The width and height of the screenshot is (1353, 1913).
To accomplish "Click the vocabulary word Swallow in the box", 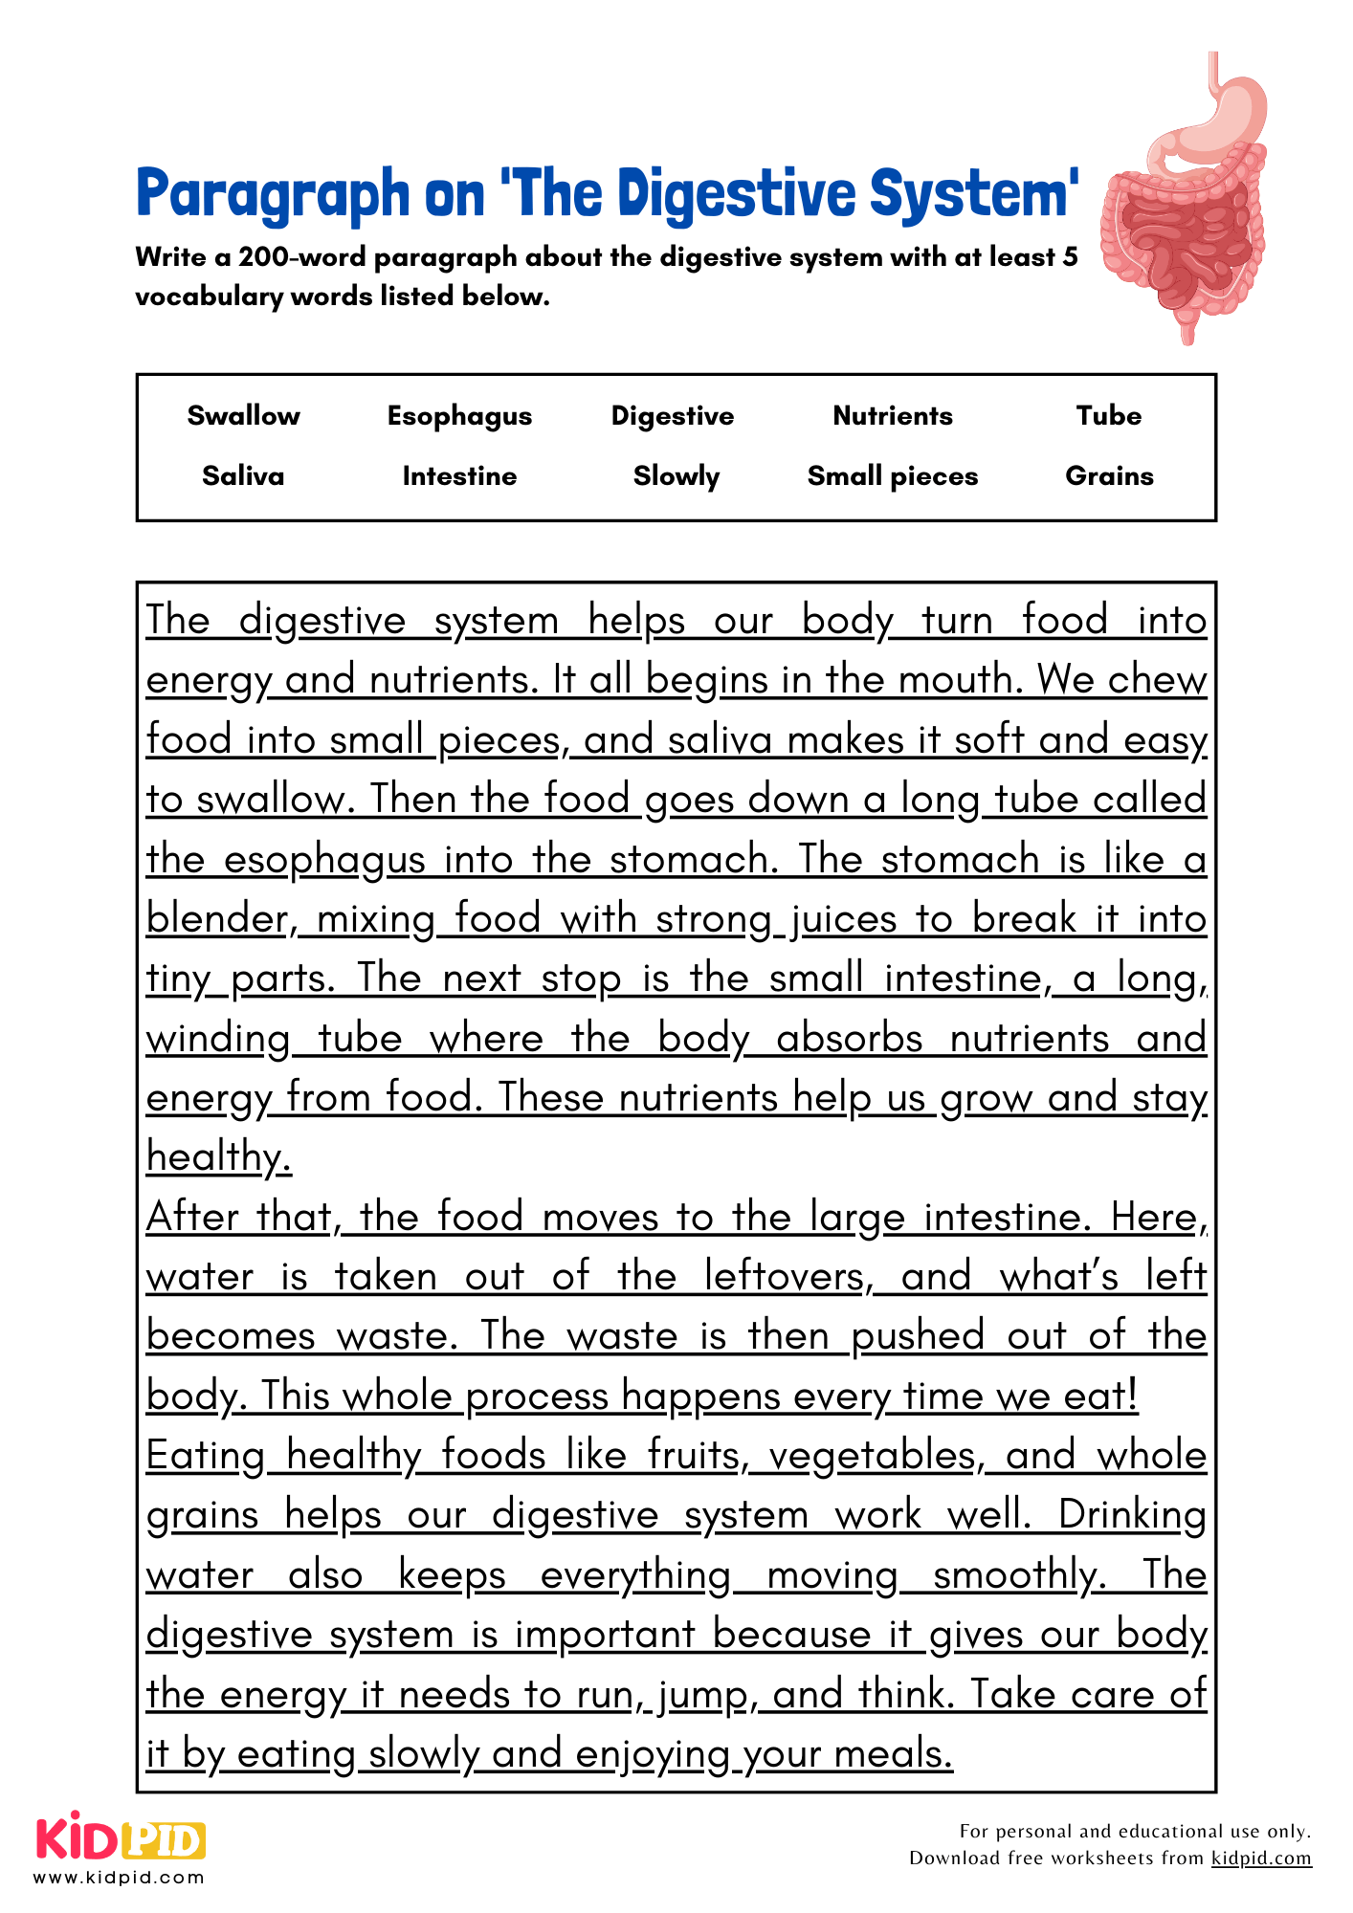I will (x=243, y=416).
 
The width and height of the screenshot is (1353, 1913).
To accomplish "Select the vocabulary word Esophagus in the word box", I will (x=459, y=416).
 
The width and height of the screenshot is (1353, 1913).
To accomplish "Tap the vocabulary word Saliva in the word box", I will (x=243, y=476).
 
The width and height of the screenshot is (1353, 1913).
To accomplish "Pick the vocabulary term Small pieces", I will (x=892, y=476).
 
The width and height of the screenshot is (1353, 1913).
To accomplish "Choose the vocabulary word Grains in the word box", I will (x=1109, y=476).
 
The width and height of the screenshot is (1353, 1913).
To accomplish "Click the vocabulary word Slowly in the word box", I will (x=676, y=476).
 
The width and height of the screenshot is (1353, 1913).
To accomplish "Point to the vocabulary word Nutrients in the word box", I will (x=892, y=416).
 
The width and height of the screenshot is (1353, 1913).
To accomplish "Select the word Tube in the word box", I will (x=1108, y=416).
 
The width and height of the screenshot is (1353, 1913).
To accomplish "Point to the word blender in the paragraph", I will (x=218, y=919).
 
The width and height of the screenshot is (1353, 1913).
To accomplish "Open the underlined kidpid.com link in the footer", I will (x=1260, y=1858).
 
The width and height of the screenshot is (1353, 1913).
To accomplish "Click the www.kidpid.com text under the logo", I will (x=120, y=1878).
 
